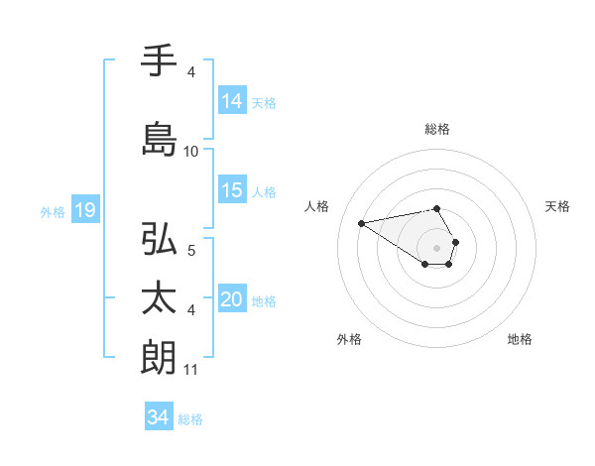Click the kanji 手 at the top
(x=160, y=62)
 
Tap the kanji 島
(x=160, y=137)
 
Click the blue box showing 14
(x=232, y=101)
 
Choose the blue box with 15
(x=232, y=190)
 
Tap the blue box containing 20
(x=232, y=299)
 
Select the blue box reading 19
(x=84, y=210)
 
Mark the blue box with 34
(x=159, y=417)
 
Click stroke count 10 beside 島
(x=191, y=152)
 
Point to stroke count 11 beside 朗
(x=190, y=370)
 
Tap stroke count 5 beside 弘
(x=191, y=251)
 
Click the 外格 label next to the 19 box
(x=53, y=211)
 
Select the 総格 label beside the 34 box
(x=190, y=419)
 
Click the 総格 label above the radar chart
(x=437, y=129)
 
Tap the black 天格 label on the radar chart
(x=557, y=206)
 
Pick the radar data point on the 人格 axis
(x=362, y=222)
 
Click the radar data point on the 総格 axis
(x=437, y=208)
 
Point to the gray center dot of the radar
(x=437, y=247)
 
